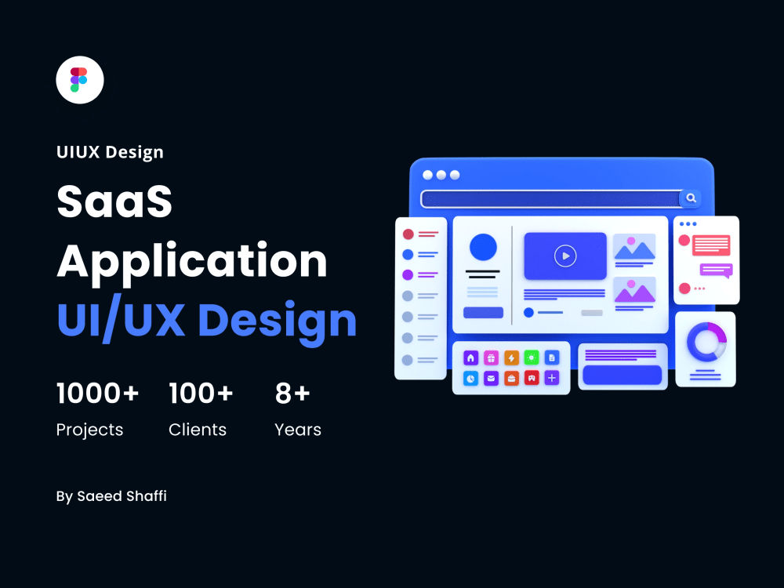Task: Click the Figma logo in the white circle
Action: (x=79, y=80)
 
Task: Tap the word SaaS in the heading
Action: (x=114, y=202)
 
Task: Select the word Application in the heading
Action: (x=192, y=262)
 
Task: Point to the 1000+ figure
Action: (x=97, y=394)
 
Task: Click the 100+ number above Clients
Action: (x=201, y=394)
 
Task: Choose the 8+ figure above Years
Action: (x=292, y=394)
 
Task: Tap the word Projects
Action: (x=89, y=430)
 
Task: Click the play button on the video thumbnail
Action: (x=564, y=256)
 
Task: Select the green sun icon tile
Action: (x=532, y=358)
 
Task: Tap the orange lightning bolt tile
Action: (x=511, y=358)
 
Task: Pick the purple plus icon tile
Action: (x=552, y=378)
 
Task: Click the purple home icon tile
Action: (x=470, y=358)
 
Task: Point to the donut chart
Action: (x=706, y=343)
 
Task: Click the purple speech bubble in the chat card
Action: (x=715, y=270)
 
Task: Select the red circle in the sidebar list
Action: (x=408, y=234)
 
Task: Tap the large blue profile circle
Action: (x=483, y=248)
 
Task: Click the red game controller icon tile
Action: (x=532, y=378)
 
